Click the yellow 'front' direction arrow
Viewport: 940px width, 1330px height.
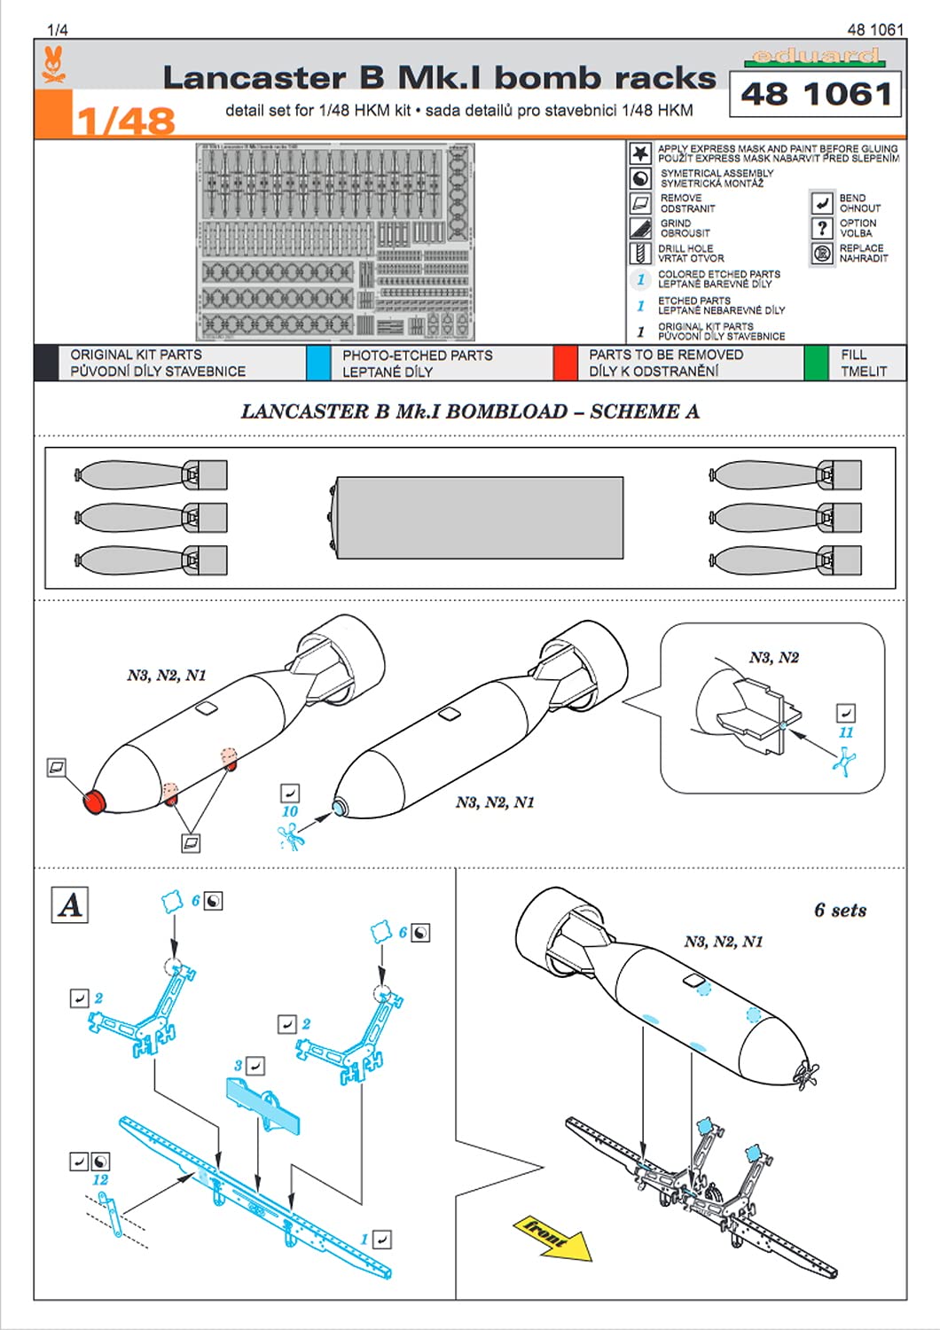[552, 1236]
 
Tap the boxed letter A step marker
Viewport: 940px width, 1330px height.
[69, 904]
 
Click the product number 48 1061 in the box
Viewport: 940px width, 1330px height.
[815, 94]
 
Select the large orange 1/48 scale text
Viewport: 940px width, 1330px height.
[124, 121]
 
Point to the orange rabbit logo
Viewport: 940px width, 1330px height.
[54, 66]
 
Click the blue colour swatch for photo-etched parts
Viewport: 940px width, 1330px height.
[317, 363]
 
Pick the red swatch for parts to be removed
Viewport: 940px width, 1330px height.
[565, 363]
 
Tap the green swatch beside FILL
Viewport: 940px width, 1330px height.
[815, 363]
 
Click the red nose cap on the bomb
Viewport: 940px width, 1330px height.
[93, 802]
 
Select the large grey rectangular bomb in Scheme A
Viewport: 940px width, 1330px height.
[479, 518]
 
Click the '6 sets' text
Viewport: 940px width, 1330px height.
[840, 911]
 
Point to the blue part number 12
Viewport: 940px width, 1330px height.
[100, 1180]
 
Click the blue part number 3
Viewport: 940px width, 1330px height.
[238, 1066]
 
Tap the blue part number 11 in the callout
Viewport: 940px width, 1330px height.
[846, 732]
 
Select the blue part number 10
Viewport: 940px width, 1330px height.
[290, 811]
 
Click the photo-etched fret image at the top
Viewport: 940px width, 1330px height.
[334, 242]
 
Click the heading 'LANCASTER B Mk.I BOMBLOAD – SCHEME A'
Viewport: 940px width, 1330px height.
[470, 411]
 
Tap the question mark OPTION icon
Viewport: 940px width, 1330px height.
[821, 228]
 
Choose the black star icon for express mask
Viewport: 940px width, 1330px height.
[640, 153]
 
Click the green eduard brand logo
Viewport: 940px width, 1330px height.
[815, 57]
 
